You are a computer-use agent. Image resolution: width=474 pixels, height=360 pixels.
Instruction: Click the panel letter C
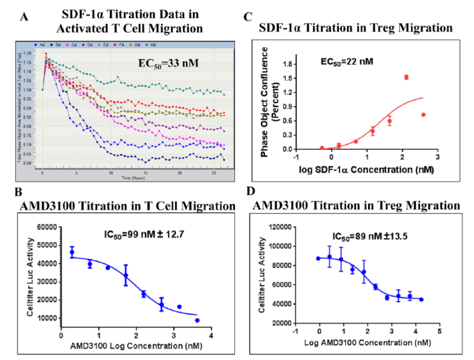(247, 17)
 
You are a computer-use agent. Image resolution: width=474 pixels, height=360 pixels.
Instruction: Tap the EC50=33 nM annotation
(164, 63)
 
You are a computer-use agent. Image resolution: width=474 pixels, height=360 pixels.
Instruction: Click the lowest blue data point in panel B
(197, 320)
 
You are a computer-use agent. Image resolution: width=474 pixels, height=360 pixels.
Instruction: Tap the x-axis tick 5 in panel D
(439, 330)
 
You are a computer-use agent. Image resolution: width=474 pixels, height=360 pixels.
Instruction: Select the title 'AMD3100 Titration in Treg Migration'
(356, 206)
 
